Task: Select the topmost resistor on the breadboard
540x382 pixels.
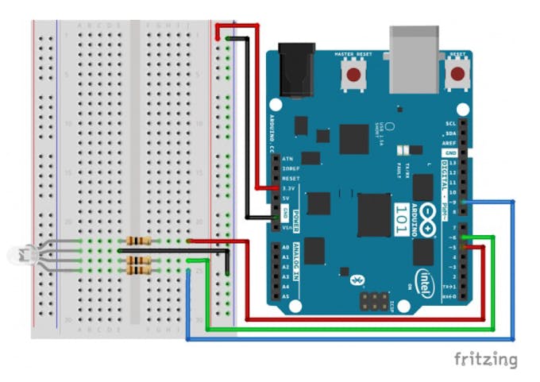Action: (138, 241)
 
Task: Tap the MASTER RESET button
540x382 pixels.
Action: (353, 75)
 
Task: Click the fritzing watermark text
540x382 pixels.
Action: (485, 359)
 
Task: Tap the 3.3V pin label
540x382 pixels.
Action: (287, 188)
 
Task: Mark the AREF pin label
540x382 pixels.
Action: (450, 143)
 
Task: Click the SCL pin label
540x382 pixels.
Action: (450, 123)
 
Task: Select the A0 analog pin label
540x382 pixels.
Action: (286, 247)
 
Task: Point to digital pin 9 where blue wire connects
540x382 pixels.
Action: (463, 202)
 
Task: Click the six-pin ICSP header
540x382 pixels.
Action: (372, 301)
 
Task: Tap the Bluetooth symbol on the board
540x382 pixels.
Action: (357, 280)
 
